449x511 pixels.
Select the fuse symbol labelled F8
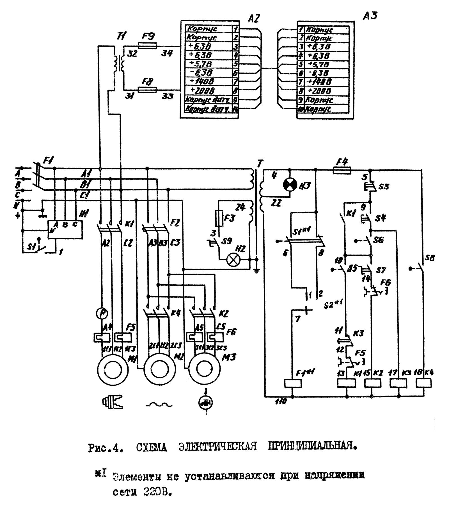148,90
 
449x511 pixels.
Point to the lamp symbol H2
233,260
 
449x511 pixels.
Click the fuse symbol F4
341,170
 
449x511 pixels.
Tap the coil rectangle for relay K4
423,383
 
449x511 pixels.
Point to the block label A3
370,16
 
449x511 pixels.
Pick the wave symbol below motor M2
159,405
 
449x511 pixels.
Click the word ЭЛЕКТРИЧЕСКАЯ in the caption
217,446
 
